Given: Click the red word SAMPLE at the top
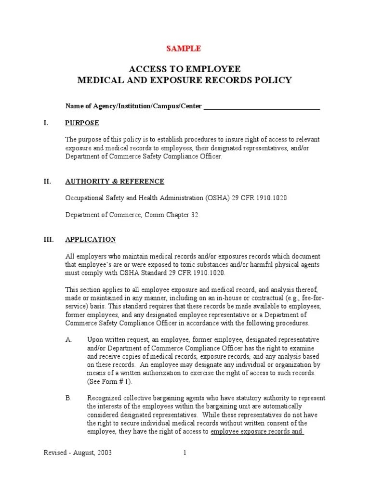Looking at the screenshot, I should click(x=184, y=49).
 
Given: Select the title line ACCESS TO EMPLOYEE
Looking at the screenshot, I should click(x=185, y=68).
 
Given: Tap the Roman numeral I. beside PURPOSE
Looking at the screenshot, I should click(x=46, y=123).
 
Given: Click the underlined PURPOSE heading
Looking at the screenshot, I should click(x=82, y=123).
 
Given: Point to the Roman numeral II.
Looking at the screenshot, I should click(x=47, y=182).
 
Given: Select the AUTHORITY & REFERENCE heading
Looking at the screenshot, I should click(x=115, y=182).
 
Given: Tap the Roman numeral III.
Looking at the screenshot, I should click(x=49, y=239).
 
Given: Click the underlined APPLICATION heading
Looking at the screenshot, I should click(x=91, y=239).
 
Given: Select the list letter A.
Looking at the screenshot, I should click(x=68, y=340).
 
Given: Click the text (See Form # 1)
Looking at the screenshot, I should click(x=109, y=381).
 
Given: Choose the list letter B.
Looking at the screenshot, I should click(x=68, y=398).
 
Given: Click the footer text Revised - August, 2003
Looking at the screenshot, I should click(x=78, y=453).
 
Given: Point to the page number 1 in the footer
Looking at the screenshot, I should click(x=185, y=453).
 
